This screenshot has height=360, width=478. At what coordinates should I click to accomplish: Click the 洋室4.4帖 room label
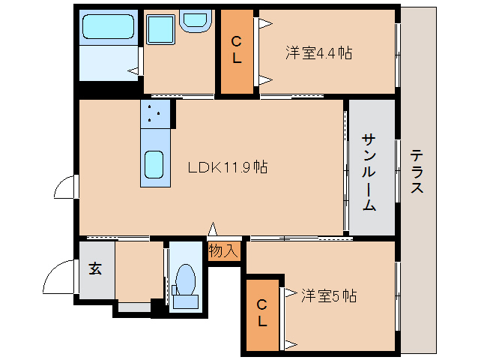[x=318, y=53]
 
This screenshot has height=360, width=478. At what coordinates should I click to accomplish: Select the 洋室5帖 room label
[x=328, y=295]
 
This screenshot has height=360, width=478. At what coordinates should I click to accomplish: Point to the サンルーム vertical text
[x=369, y=172]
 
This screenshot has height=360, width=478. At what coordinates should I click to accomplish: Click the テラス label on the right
[x=417, y=172]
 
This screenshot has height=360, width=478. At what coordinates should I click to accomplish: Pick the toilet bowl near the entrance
[x=184, y=281]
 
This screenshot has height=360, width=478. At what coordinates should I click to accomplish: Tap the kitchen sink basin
[x=155, y=163]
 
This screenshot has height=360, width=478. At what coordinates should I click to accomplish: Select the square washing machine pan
[x=160, y=31]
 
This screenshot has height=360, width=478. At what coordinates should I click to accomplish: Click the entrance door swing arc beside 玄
[x=58, y=280]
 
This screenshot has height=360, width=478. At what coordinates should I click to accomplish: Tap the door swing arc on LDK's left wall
[x=66, y=187]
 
